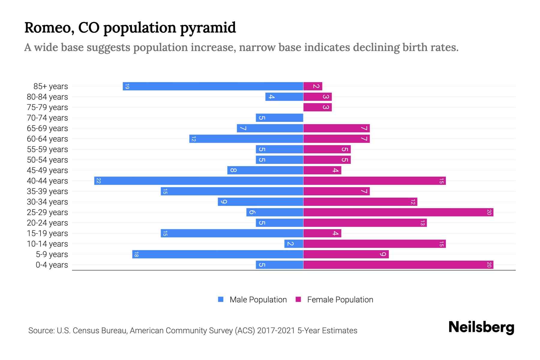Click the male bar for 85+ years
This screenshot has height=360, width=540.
(213, 86)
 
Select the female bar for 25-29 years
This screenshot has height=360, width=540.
(398, 212)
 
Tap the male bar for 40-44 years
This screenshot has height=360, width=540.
(199, 181)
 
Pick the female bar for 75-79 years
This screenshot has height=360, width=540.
(317, 107)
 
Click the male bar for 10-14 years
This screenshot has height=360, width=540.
(294, 244)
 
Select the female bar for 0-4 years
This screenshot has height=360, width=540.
(398, 265)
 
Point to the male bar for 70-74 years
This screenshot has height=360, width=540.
(279, 118)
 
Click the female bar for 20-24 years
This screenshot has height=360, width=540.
(365, 223)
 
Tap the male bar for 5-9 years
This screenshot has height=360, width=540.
(218, 254)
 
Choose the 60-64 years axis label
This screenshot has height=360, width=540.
(47, 139)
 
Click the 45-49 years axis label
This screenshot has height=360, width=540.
(47, 170)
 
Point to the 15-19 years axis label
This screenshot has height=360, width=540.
(47, 233)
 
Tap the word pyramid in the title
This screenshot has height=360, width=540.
(208, 28)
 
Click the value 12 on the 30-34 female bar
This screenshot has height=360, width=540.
(413, 202)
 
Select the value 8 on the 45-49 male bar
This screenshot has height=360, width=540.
(233, 170)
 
